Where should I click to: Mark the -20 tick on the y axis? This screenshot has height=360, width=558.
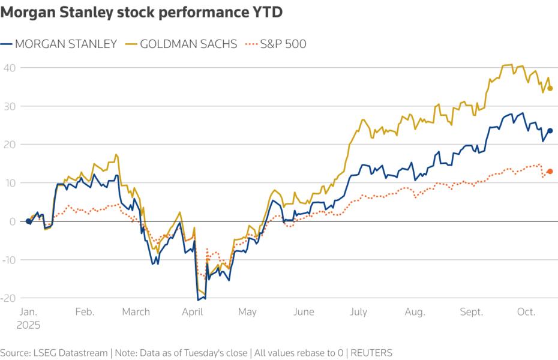pyautogui.click(x=8, y=298)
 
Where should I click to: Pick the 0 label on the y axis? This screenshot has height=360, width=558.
pyautogui.click(x=12, y=221)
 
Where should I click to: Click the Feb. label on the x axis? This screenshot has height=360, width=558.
pyautogui.click(x=84, y=312)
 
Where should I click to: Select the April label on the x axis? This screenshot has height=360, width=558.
pyautogui.click(x=193, y=312)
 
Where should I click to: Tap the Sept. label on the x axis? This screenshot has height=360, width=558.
pyautogui.click(x=472, y=312)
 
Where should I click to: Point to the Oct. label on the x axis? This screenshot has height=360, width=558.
pyautogui.click(x=526, y=312)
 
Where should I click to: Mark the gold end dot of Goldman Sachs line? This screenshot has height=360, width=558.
pyautogui.click(x=550, y=88)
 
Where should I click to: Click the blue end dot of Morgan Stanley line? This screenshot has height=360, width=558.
pyautogui.click(x=550, y=130)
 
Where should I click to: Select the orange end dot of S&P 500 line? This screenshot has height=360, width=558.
pyautogui.click(x=550, y=172)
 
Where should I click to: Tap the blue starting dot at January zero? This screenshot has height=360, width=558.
pyautogui.click(x=28, y=221)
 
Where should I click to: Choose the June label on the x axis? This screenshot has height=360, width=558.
pyautogui.click(x=304, y=312)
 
